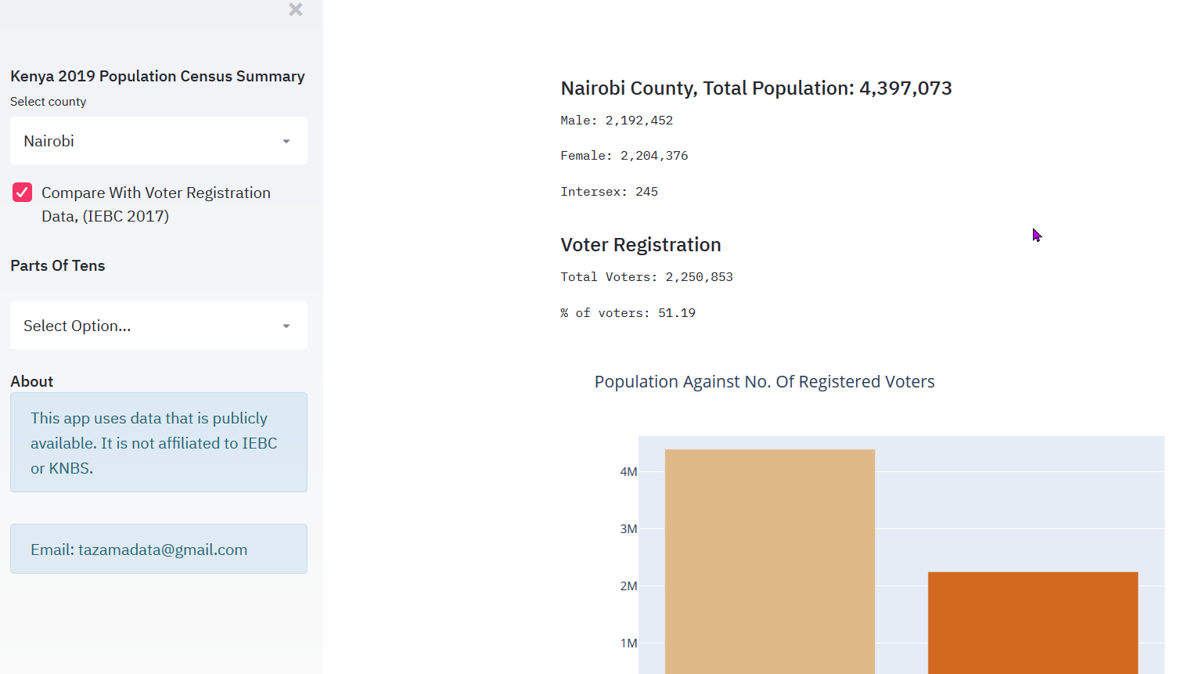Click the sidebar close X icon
point(295,9)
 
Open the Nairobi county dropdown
point(158,141)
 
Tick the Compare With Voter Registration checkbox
point(23,193)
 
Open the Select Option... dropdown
point(158,326)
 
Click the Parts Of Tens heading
point(58,266)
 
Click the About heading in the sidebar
point(32,381)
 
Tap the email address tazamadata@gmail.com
point(163,550)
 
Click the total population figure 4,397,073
point(905,88)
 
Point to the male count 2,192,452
point(639,121)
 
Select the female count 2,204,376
point(654,156)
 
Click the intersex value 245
point(646,192)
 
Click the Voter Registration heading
point(641,245)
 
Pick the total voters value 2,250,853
point(699,277)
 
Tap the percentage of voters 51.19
point(676,313)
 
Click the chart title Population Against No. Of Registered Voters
point(764,382)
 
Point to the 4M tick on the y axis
point(628,472)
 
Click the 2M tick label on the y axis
point(628,586)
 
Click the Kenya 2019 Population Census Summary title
point(157,77)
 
